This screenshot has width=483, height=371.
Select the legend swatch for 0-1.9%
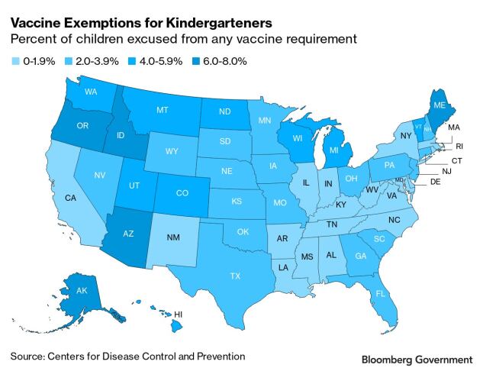(x=15, y=61)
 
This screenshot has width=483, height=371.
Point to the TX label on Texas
(x=236, y=276)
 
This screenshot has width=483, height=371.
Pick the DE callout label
(x=436, y=182)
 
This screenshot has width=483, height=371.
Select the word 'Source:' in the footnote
(x=28, y=356)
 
